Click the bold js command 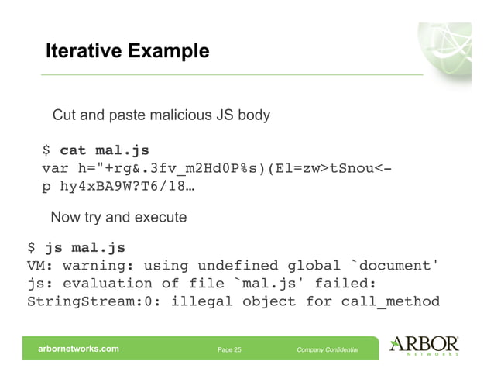(x=54, y=248)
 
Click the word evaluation (x=112, y=284)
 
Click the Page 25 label (x=229, y=350)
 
